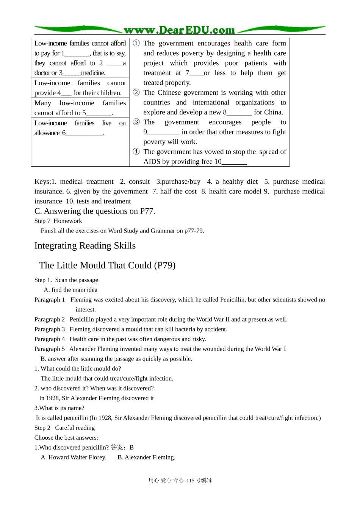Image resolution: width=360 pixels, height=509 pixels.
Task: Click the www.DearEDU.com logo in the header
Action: point(179,30)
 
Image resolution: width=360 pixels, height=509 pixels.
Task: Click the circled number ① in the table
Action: point(136,43)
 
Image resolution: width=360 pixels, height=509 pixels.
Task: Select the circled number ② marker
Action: point(136,92)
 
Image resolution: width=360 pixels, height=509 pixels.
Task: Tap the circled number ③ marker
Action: point(136,122)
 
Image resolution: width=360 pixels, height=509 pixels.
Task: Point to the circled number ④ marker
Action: point(136,151)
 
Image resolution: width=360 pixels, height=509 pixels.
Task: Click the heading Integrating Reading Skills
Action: point(85,246)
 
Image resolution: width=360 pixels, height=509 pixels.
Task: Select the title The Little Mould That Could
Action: point(107,265)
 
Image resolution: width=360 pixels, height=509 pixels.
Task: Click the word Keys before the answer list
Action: point(42,182)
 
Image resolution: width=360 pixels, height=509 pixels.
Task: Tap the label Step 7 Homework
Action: point(58,221)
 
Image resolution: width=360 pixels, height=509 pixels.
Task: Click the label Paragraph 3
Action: point(50,329)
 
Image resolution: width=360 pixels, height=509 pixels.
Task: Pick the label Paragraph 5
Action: point(50,349)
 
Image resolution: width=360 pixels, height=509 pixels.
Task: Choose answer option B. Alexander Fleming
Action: point(146,457)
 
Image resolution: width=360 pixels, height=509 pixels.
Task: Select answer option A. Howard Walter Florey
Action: point(74,457)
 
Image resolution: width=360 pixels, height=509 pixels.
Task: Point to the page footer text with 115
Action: point(180,480)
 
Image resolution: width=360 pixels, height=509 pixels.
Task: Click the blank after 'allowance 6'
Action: point(85,133)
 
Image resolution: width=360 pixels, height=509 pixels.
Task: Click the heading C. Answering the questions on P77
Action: point(95,211)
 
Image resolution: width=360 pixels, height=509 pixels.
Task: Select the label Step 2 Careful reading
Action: point(64,428)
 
